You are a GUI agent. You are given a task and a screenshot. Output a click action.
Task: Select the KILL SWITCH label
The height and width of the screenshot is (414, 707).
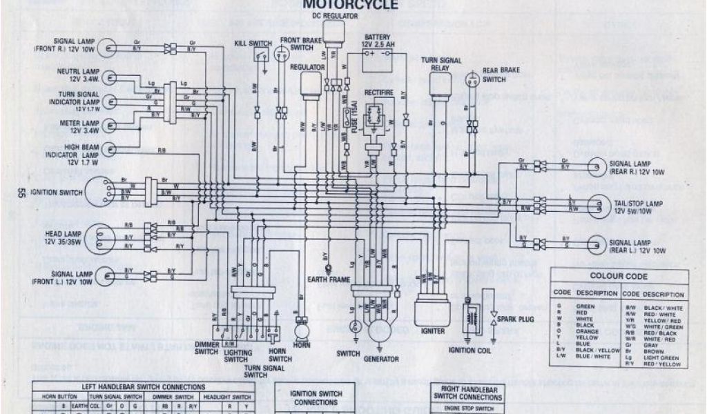(x=253, y=43)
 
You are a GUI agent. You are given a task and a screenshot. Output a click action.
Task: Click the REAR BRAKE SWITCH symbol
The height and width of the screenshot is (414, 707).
(x=474, y=79)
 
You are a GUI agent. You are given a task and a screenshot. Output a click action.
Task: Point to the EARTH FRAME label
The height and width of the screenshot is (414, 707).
(x=328, y=279)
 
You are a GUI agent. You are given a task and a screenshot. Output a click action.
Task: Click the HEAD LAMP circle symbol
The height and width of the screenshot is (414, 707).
(x=101, y=236)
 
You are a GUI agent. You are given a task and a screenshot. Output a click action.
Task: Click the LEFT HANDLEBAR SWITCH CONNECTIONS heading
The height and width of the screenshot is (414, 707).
(x=144, y=386)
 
